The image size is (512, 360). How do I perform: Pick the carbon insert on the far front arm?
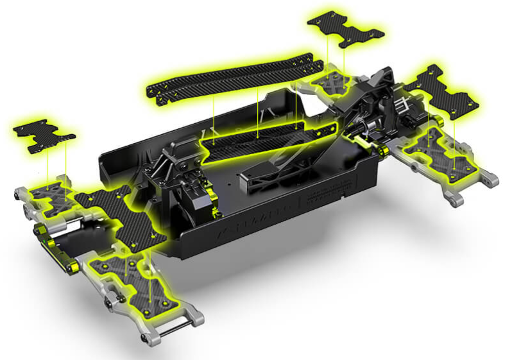click(48, 196)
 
